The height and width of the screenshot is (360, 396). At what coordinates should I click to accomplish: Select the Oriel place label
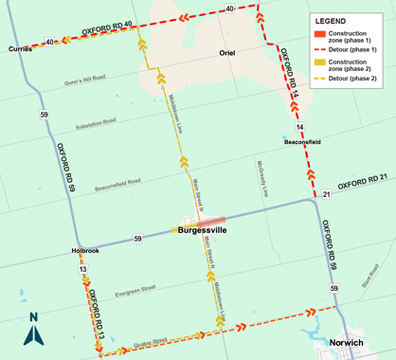226,53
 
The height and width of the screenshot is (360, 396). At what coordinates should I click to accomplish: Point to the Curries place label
20,48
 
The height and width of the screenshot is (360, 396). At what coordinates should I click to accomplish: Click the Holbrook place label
84,251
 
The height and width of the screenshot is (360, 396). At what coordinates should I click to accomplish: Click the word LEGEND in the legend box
331,21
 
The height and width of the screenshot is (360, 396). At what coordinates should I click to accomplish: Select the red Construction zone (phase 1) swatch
321,35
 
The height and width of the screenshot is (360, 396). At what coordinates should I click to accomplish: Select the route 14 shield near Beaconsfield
299,126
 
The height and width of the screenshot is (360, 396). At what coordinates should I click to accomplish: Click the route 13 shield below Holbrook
83,270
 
